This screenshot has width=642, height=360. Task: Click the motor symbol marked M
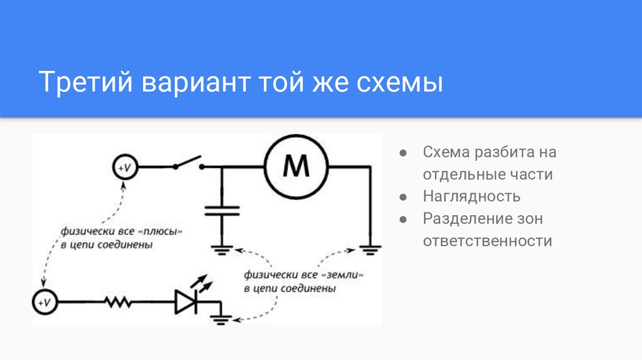(296, 167)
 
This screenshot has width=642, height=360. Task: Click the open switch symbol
(189, 164)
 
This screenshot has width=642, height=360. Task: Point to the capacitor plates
(222, 209)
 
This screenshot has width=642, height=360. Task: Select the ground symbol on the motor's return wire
(369, 248)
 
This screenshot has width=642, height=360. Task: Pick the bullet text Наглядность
(471, 196)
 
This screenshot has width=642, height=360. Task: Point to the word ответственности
(487, 241)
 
